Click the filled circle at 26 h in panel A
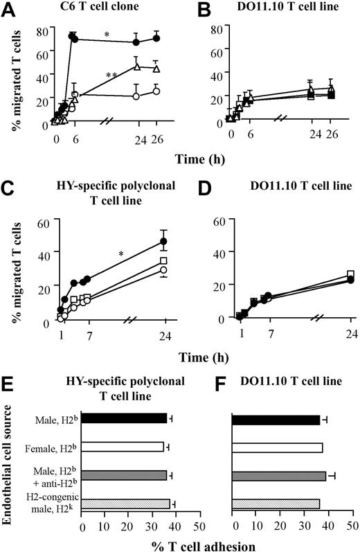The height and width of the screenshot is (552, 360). (156, 38)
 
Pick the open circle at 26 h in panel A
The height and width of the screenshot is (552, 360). (156, 91)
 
